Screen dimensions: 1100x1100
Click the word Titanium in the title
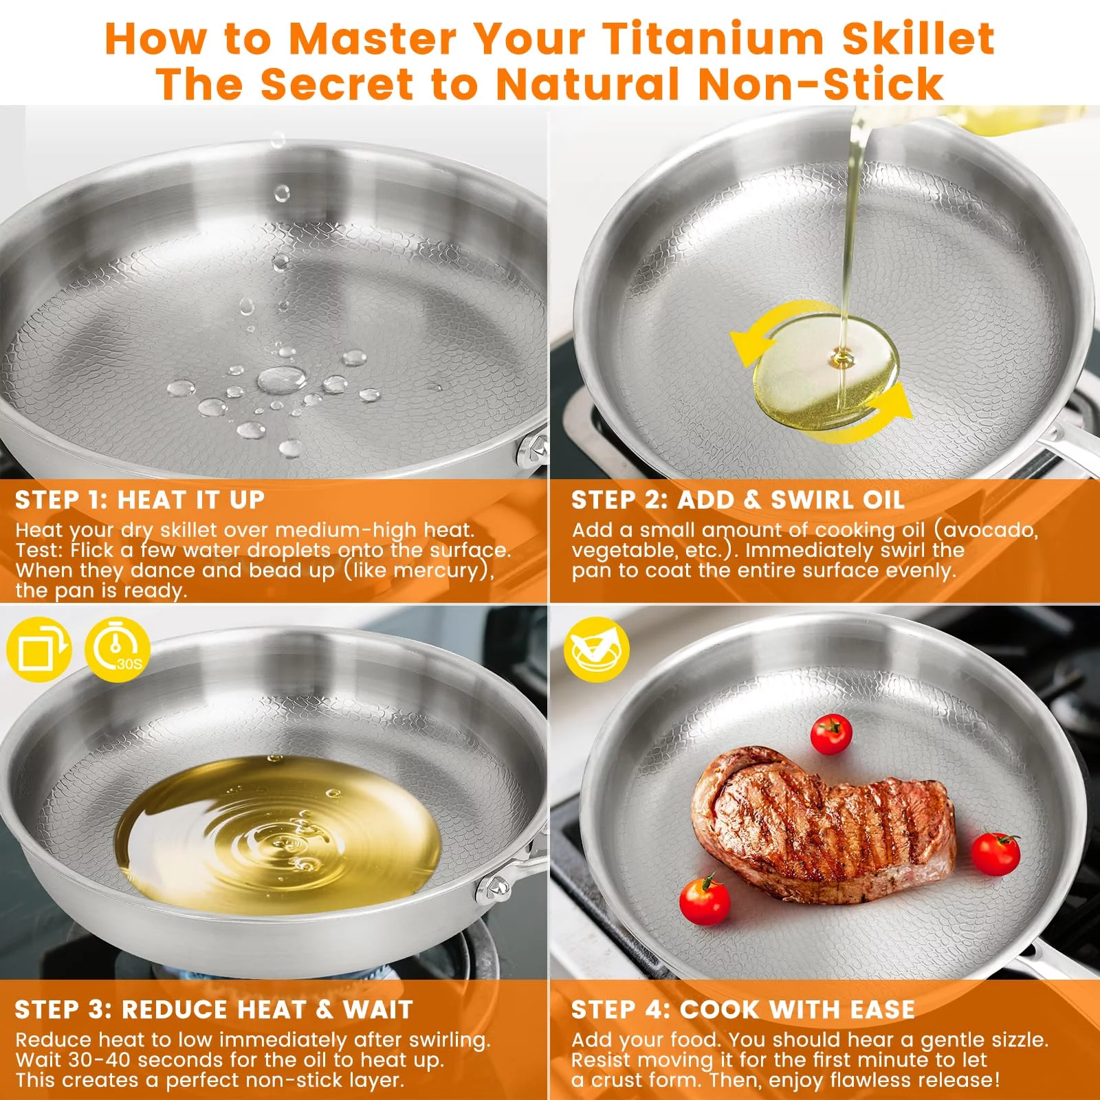click(713, 38)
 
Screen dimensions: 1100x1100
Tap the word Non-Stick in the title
click(821, 83)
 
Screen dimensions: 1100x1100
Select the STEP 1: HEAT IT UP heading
click(140, 500)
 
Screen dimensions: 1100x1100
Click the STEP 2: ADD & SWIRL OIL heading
click(737, 500)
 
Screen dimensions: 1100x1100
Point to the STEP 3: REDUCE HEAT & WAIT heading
click(214, 1009)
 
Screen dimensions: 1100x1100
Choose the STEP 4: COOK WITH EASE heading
click(742, 1009)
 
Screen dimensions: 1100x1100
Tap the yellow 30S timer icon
click(117, 649)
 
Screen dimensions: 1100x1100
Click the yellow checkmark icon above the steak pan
click(596, 649)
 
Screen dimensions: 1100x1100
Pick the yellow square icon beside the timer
click(38, 649)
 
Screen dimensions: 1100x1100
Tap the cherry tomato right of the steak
click(995, 854)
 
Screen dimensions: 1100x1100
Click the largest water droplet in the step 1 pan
click(282, 379)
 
